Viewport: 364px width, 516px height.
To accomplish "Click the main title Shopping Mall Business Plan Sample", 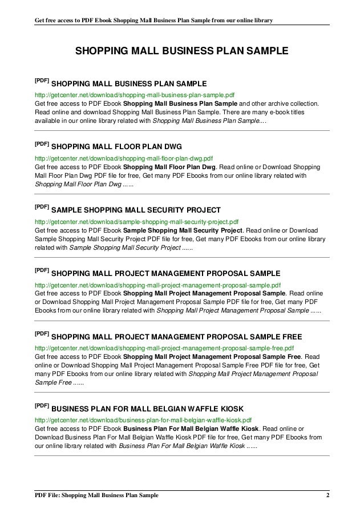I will click(182, 51).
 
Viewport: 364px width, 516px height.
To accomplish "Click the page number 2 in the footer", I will click(327, 494).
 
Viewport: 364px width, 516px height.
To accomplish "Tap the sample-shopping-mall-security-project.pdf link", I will click(136, 220).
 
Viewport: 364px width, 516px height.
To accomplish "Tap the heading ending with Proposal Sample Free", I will click(181, 336).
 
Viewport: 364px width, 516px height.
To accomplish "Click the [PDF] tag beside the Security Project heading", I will click(42, 206).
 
